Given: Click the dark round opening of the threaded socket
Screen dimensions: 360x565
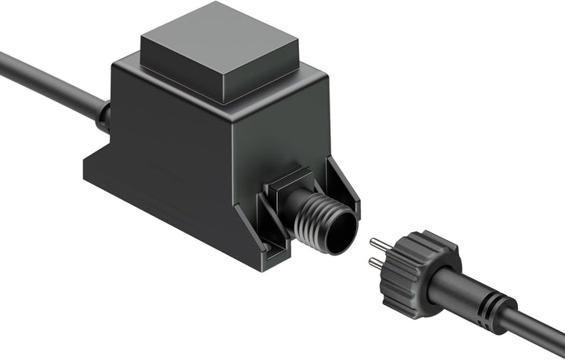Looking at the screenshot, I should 341,238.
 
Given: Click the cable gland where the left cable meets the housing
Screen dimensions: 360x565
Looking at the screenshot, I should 103,115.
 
